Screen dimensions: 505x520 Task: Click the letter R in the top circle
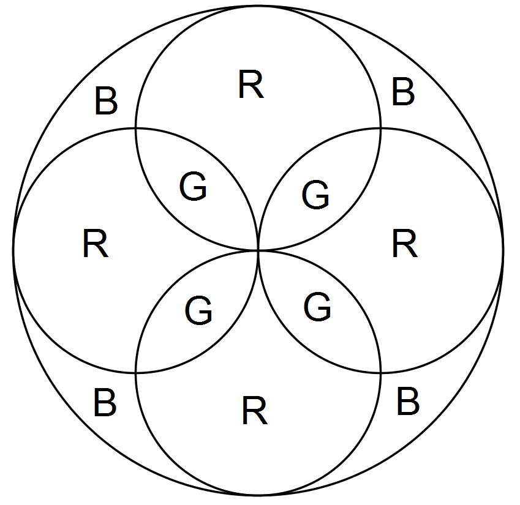click(x=251, y=85)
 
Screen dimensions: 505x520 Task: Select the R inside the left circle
click(x=95, y=245)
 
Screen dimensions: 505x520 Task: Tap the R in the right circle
click(x=404, y=244)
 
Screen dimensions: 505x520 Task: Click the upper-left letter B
click(x=105, y=102)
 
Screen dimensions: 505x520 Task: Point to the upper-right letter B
click(x=403, y=92)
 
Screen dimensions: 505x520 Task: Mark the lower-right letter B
click(x=408, y=402)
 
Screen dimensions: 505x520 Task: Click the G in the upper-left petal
click(x=194, y=187)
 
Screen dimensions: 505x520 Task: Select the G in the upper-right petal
click(x=316, y=195)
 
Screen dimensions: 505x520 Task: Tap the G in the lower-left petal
click(x=198, y=312)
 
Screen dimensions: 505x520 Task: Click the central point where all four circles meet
click(x=258, y=250)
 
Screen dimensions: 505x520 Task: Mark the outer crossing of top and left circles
click(x=136, y=128)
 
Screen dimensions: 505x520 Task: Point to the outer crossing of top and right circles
click(x=380, y=128)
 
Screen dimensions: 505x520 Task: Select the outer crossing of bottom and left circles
click(x=136, y=372)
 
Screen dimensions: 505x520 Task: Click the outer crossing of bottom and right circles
click(x=380, y=372)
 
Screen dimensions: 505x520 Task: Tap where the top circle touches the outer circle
click(x=258, y=6)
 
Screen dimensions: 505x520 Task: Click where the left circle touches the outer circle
click(x=13, y=250)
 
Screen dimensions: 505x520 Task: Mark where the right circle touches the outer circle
click(x=503, y=250)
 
